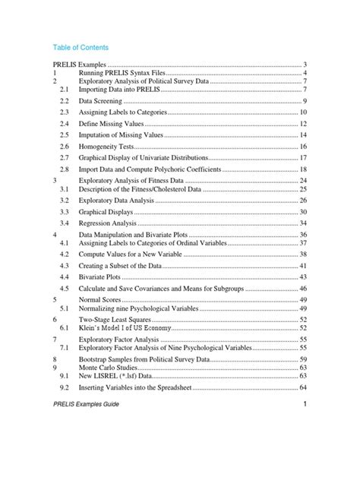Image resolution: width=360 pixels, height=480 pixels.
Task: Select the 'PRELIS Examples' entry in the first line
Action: click(79, 67)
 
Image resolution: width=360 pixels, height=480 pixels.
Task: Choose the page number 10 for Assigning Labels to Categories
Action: click(302, 112)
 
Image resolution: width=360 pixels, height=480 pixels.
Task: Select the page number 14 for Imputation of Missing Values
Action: click(302, 134)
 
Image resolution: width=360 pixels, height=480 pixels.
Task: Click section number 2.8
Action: click(64, 169)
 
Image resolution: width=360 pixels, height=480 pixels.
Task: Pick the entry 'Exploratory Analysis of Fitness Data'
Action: click(137, 182)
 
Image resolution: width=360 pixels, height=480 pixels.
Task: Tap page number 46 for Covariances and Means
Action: click(302, 289)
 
